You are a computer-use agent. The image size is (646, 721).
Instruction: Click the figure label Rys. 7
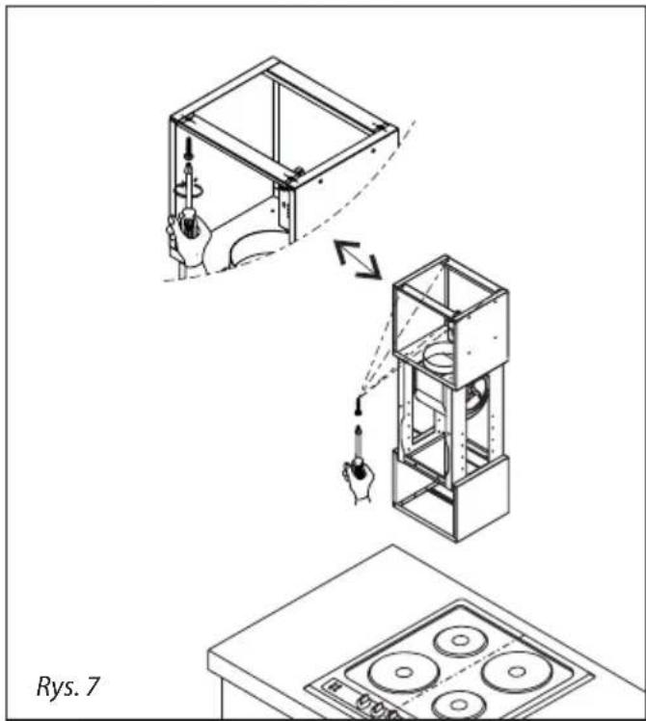(x=67, y=685)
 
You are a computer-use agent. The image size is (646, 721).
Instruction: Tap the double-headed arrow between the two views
(x=358, y=259)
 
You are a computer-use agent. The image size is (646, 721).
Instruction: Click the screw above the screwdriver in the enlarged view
(x=188, y=149)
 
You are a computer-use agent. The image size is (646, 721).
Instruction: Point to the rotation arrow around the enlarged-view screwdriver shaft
(x=188, y=190)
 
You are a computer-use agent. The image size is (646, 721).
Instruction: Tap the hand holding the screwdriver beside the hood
(x=359, y=481)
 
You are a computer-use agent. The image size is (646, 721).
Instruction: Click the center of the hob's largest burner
(x=404, y=672)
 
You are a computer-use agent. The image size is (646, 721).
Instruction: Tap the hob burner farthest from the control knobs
(x=460, y=640)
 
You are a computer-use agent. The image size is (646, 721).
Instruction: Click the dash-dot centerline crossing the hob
(x=455, y=672)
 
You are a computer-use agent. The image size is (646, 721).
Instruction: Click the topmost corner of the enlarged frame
(x=273, y=58)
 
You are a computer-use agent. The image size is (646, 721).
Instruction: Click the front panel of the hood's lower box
(x=482, y=498)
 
